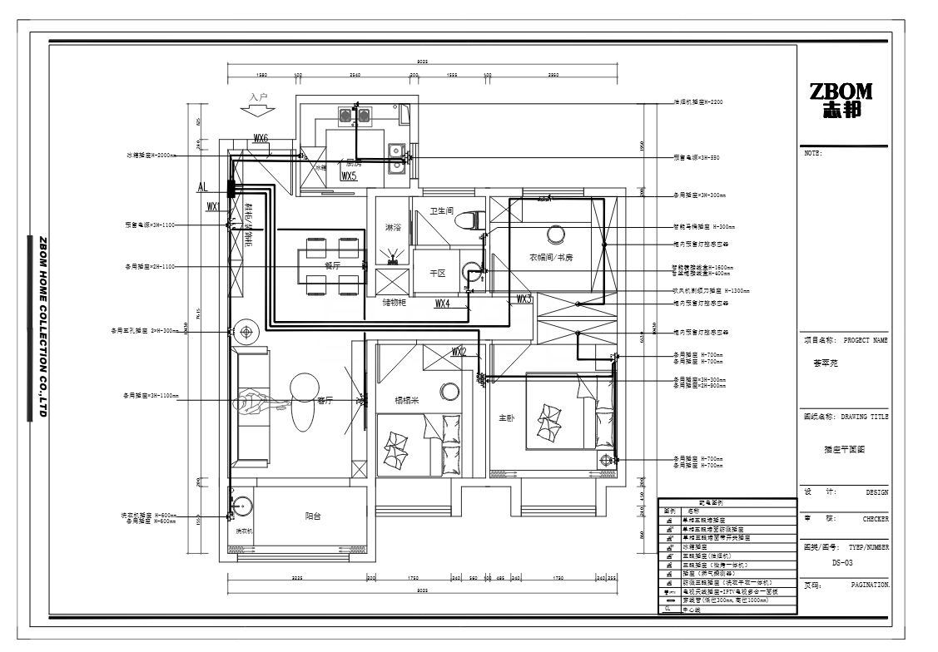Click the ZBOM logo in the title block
click(841, 101)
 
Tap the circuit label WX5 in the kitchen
click(349, 176)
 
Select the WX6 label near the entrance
click(261, 138)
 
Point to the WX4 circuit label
click(443, 304)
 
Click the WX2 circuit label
click(459, 352)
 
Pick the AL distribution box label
click(202, 188)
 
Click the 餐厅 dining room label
click(332, 266)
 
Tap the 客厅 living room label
click(325, 400)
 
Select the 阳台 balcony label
click(313, 516)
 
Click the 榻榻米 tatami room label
click(408, 399)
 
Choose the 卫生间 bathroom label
click(440, 211)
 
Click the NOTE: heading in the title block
click(813, 153)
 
